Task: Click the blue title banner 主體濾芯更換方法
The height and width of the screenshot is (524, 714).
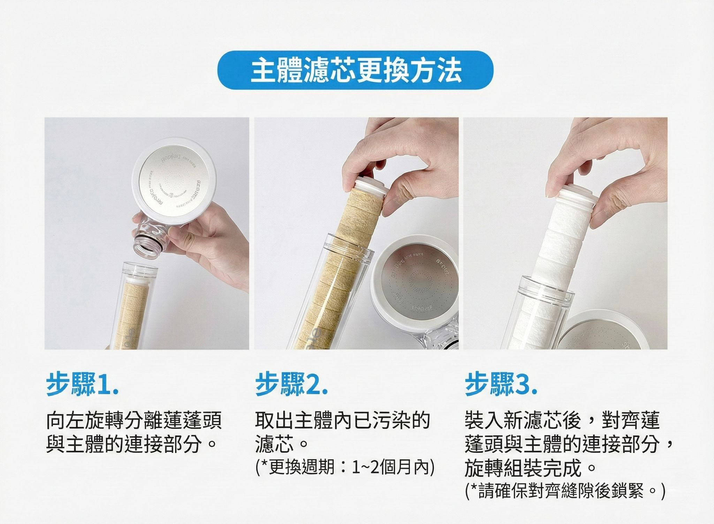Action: coord(356,70)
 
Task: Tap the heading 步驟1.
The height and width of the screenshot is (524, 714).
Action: coord(82,384)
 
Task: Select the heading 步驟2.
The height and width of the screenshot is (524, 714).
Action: coord(291,384)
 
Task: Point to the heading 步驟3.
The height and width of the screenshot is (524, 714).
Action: coord(501,384)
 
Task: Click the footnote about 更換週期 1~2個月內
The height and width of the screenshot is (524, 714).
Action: coord(345,467)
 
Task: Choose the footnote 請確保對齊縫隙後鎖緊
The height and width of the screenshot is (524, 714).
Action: coord(565,491)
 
